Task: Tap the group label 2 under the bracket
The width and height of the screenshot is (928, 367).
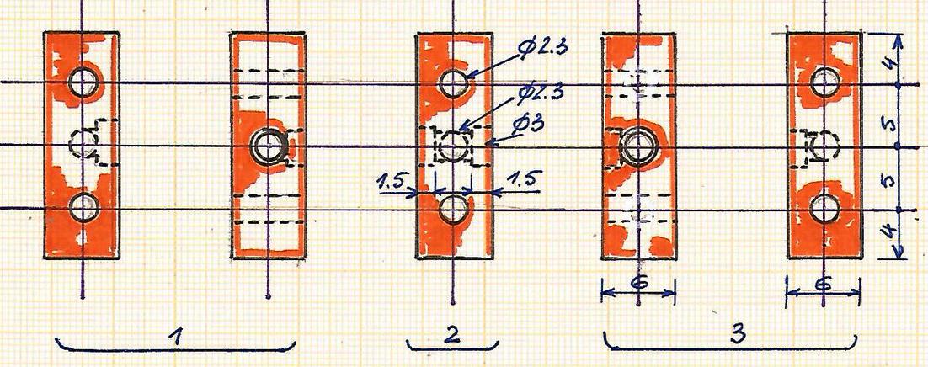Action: point(452,335)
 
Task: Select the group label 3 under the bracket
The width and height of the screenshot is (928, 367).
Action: point(738,334)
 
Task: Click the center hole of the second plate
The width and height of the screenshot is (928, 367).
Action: point(268,145)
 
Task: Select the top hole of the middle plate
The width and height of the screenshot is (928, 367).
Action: point(454,82)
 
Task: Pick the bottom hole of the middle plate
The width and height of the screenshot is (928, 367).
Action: point(454,208)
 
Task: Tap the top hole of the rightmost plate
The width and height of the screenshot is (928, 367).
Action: point(824,82)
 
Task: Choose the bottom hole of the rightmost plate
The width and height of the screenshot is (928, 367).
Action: point(824,208)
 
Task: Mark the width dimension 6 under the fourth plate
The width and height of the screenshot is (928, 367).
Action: point(638,283)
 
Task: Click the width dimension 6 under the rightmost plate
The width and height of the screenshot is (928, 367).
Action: point(824,285)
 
